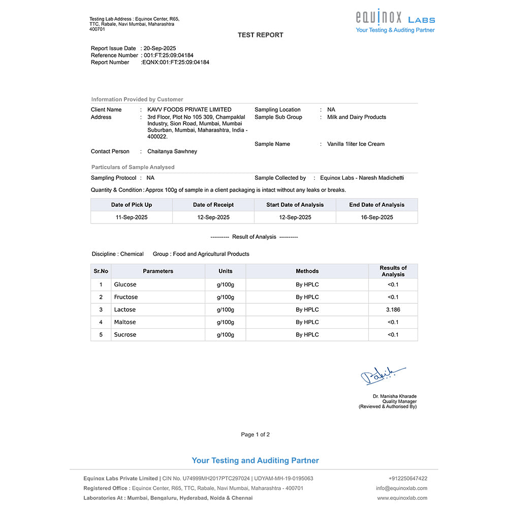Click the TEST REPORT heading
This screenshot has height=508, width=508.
coord(261,35)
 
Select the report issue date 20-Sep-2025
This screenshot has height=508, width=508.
coord(160,48)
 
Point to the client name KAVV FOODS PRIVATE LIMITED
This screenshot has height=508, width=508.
coord(189,110)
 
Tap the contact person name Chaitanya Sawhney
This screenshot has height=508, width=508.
coord(172,151)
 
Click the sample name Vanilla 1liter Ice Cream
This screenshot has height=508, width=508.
coord(356,144)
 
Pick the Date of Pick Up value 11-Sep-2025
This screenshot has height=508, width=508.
coord(132,217)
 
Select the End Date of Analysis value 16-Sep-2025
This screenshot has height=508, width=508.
coord(377,217)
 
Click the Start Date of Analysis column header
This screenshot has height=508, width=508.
coord(295,205)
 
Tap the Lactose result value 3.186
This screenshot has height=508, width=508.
coord(393,310)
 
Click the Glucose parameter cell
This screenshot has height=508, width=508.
coord(125,285)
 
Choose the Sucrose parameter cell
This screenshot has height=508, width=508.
coord(125,335)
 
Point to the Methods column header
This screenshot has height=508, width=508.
coord(307,271)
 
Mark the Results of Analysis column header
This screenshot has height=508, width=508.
coord(393,271)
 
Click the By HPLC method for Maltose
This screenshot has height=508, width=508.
coord(307,322)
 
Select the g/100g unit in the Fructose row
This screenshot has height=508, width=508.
coord(226,297)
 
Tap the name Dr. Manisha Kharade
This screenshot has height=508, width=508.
coord(394,396)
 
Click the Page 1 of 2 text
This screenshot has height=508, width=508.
coord(256,435)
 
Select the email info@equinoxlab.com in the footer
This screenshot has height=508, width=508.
coord(401,488)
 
